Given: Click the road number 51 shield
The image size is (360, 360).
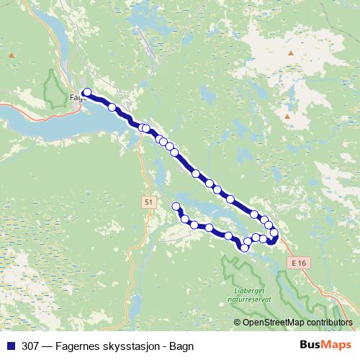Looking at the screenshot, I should (x=148, y=202).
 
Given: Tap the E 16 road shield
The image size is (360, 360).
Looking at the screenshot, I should (x=300, y=264).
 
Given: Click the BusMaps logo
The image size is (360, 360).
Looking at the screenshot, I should (x=325, y=345).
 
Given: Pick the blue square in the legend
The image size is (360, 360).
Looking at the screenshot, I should (x=11, y=346).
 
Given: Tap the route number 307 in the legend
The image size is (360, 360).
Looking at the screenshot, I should (x=30, y=346).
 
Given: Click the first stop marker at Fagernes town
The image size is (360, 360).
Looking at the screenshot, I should (x=87, y=92).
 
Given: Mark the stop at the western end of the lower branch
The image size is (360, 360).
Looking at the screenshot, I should (x=176, y=207).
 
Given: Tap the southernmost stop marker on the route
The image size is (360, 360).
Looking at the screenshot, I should (x=245, y=248).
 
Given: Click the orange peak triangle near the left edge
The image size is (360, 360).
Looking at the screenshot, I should (x=12, y=55).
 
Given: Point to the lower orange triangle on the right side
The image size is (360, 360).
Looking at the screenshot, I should (x=287, y=116).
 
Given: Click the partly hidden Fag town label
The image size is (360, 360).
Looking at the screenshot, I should (x=76, y=97).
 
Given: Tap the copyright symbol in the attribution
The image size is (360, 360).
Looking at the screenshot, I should (x=237, y=323).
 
